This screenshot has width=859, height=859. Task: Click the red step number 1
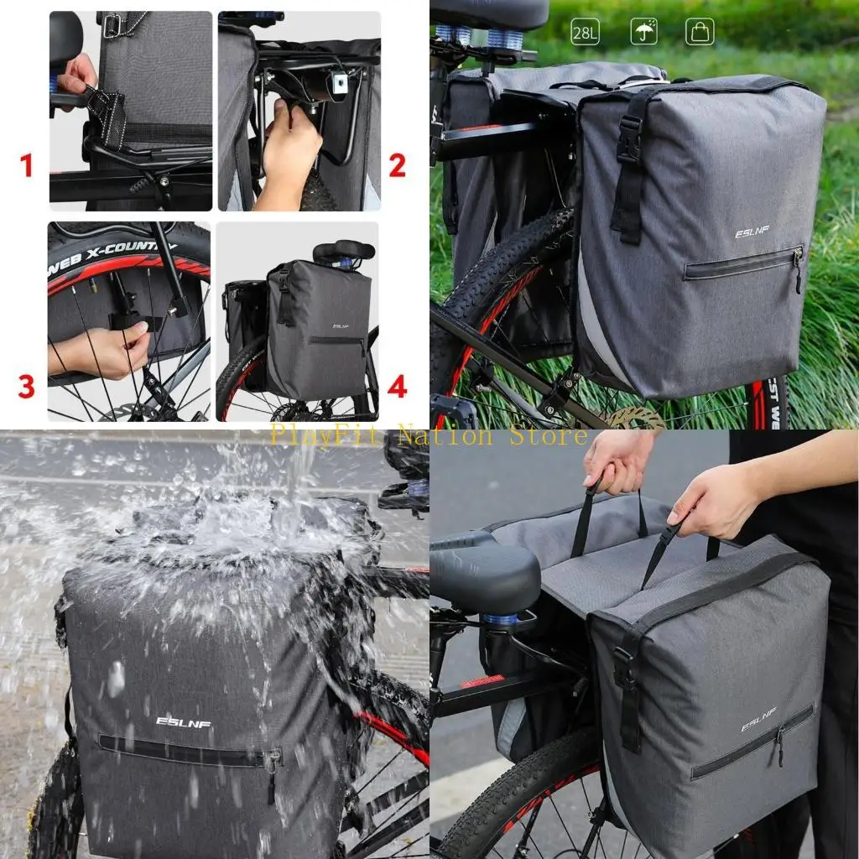pos(27,165)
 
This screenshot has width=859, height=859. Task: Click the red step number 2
pos(397,165)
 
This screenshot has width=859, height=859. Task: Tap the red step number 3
pos(27,387)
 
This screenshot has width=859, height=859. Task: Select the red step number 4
pos(397,387)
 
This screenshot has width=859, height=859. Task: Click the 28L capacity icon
pos(585,32)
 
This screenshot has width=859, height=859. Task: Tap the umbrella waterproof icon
pos(643,32)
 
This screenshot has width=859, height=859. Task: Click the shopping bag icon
pos(700,32)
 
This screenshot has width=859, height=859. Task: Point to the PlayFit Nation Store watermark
pos(428,435)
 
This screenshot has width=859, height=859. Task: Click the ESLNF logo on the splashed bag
pos(184,721)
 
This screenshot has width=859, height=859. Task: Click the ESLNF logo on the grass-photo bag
pos(752,232)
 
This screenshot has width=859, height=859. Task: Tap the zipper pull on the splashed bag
pos(270,765)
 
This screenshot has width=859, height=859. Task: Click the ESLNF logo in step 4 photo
pos(341,326)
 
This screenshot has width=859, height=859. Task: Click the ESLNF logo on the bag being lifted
pos(757,719)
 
